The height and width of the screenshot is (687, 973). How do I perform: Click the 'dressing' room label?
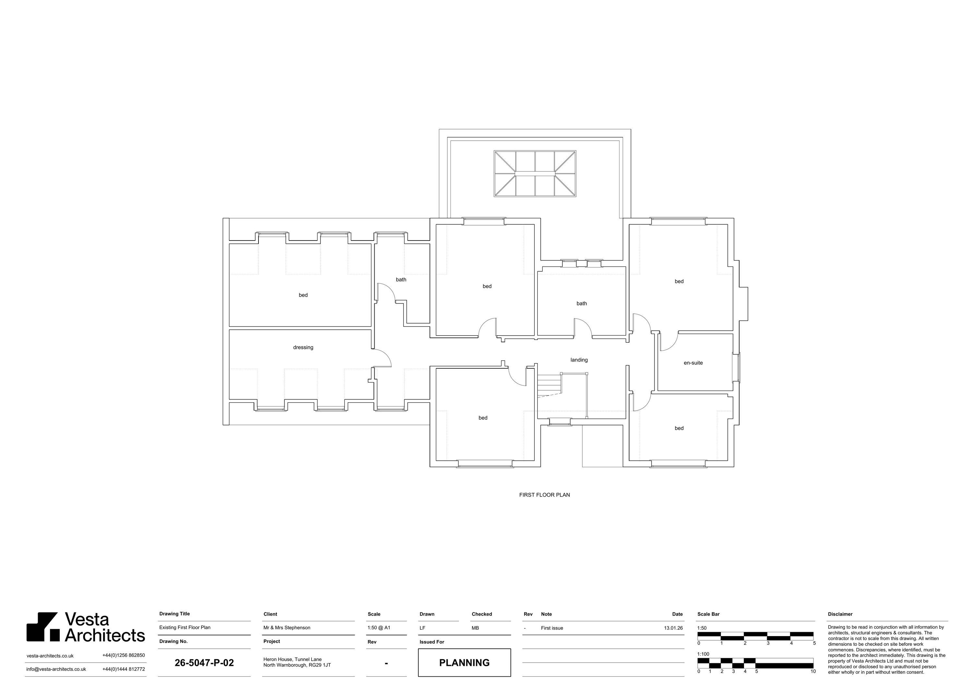303,347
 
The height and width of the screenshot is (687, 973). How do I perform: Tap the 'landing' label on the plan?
579,360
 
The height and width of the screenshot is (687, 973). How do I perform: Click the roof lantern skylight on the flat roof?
535,174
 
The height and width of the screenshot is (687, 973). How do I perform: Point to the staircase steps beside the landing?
549,385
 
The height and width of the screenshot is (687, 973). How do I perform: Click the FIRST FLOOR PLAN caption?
545,495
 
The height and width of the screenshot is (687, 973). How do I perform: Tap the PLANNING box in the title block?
464,662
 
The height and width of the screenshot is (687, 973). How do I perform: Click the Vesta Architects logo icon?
42,626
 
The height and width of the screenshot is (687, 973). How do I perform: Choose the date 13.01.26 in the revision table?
673,628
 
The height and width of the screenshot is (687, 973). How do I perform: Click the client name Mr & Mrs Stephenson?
287,628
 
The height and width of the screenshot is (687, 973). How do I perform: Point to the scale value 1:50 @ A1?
379,628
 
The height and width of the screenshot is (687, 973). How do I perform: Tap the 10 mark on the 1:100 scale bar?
813,671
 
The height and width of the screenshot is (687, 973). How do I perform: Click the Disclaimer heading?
840,614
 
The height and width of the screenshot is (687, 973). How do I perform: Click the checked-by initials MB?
475,628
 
